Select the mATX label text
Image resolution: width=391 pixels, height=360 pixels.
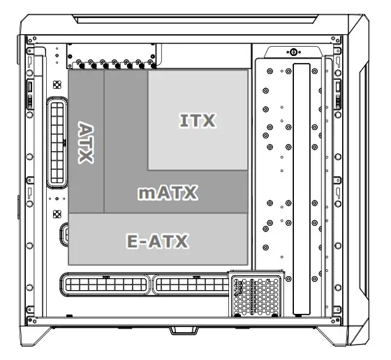coord(168,193)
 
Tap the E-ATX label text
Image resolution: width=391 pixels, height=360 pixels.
coord(158,242)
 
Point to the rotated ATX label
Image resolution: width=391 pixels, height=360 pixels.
coord(86,143)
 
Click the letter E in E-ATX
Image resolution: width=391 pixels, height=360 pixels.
coord(133,242)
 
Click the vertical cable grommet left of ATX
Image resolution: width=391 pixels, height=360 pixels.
coord(57,143)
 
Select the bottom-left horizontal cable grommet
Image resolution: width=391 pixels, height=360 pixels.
coord(104,285)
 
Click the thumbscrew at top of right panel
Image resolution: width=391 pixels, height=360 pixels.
coord(292,52)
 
